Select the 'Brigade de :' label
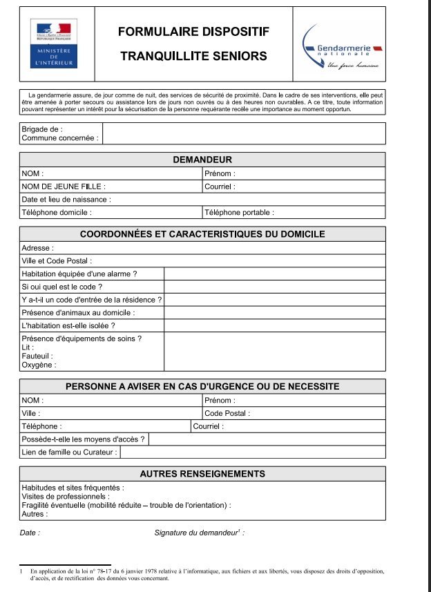pyautogui.click(x=42, y=128)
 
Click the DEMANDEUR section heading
pyautogui.click(x=202, y=160)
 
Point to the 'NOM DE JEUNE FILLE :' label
pyautogui.click(x=64, y=187)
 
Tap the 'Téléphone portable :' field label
pyautogui.click(x=239, y=213)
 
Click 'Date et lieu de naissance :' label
pyautogui.click(x=66, y=200)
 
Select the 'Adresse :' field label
pyautogui.click(x=37, y=247)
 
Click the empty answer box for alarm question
pyautogui.click(x=274, y=274)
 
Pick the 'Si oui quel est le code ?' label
pyautogui.click(x=62, y=287)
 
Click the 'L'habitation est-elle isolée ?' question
pyautogui.click(x=68, y=325)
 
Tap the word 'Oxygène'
pyautogui.click(x=39, y=365)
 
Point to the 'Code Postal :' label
pyautogui.click(x=227, y=413)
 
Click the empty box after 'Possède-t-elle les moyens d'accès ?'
pyautogui.click(x=267, y=439)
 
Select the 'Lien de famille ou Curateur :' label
pyautogui.click(x=70, y=452)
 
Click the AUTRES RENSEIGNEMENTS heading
pyautogui.click(x=202, y=474)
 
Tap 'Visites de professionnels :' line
pyautogui.click(x=66, y=496)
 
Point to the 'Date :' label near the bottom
pyautogui.click(x=30, y=533)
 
